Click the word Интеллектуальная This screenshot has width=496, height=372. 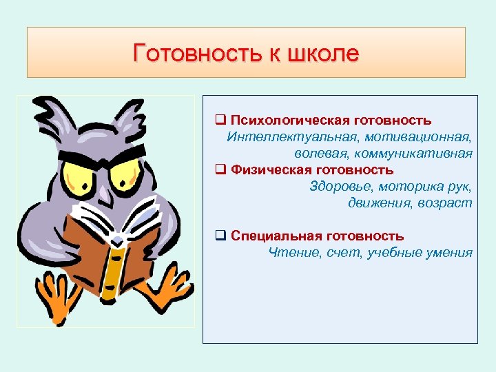281,137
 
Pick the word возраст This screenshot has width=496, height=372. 448,203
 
